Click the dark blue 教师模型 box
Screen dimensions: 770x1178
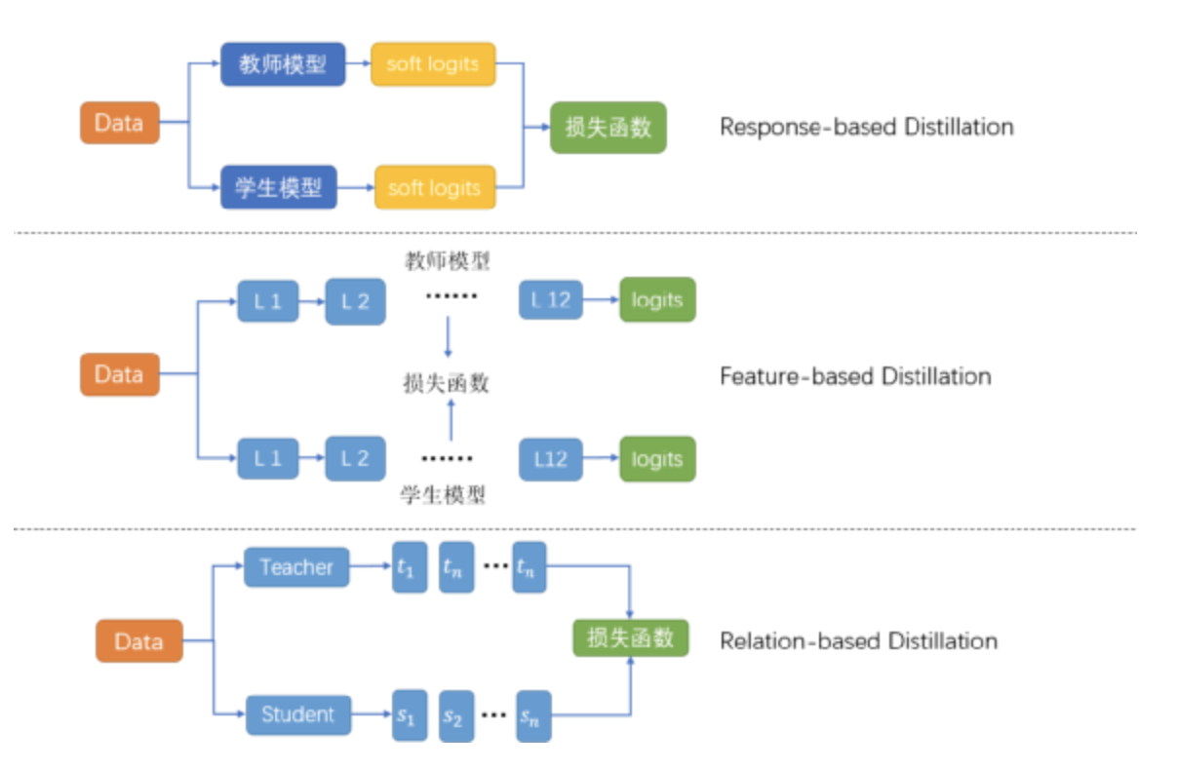tap(282, 64)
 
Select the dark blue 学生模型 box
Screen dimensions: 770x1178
tap(278, 186)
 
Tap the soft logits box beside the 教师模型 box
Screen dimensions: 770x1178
tap(433, 64)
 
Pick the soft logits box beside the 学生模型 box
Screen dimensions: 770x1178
tap(434, 186)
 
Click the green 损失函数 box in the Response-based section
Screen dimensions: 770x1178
tap(608, 127)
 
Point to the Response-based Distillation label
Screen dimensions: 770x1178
tap(866, 127)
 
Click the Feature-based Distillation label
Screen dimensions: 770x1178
tap(855, 376)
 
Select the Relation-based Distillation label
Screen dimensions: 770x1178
tap(858, 640)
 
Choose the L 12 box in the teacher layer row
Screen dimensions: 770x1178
tap(551, 300)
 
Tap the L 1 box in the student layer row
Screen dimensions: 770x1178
tap(267, 458)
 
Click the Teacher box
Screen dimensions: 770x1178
tap(296, 567)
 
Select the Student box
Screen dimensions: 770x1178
tap(297, 714)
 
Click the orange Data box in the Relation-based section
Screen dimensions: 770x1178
tap(138, 641)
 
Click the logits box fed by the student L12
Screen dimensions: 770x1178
tap(656, 458)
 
